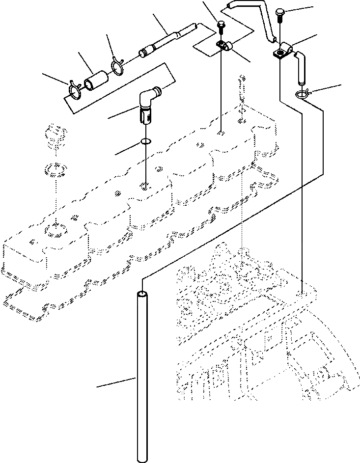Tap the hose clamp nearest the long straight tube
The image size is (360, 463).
click(117, 65)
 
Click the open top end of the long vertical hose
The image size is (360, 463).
click(142, 294)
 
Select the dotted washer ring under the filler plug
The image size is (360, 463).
click(55, 170)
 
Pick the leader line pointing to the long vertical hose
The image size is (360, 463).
click(115, 382)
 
